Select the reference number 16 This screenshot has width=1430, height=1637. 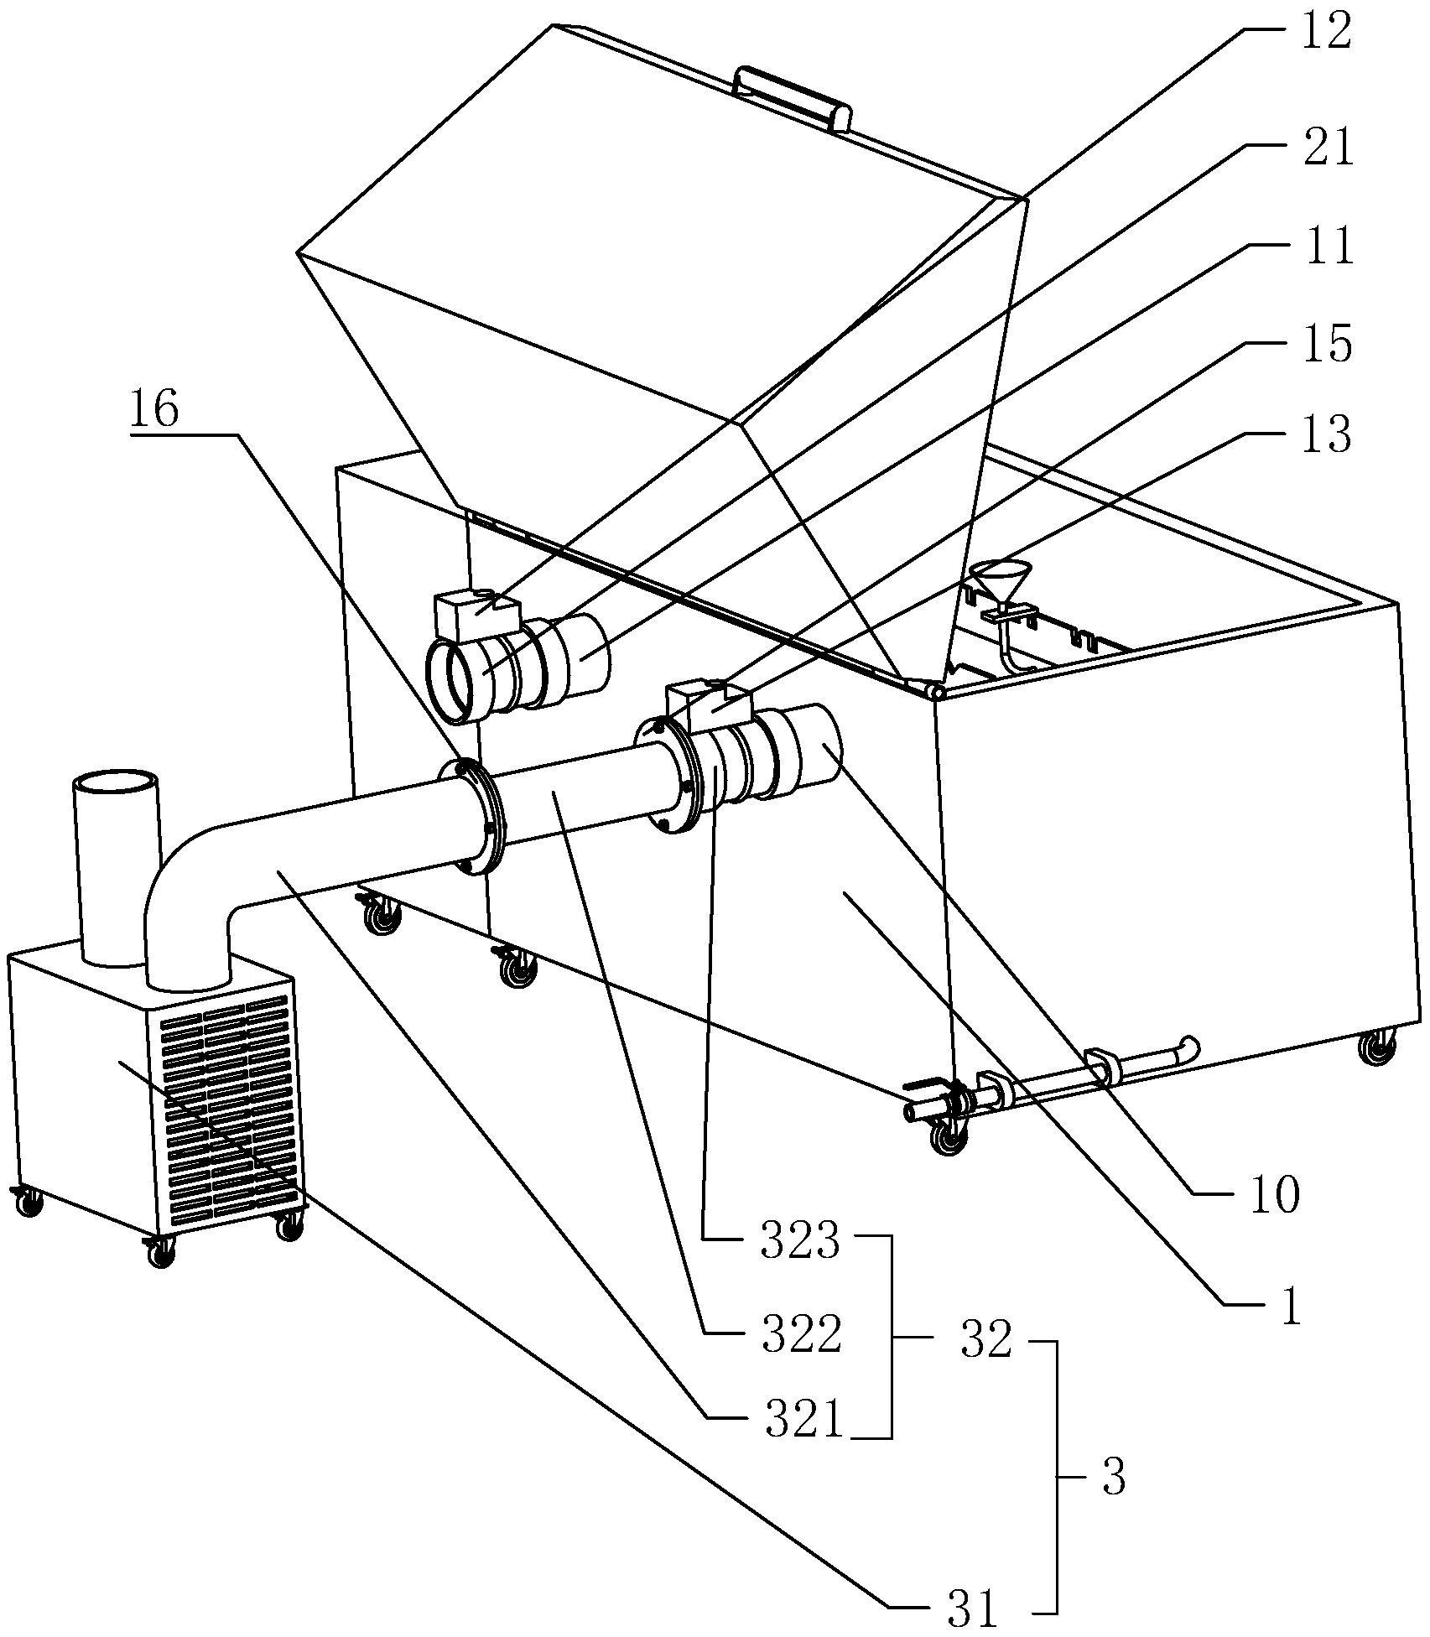coord(154,410)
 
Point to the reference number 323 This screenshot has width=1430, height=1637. coord(799,1243)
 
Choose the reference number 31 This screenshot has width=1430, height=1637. coord(972,1608)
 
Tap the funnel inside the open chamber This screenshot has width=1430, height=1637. coord(1001,578)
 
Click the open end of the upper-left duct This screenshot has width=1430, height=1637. coord(453,681)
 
